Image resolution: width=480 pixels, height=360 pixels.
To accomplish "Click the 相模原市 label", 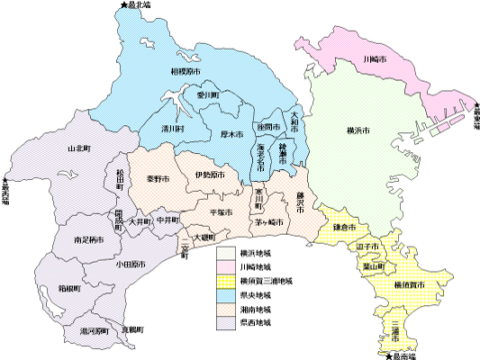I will (x=186, y=70).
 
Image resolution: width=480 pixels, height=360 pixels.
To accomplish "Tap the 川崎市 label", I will (x=374, y=58).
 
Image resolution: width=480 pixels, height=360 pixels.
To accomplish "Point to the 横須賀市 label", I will (x=410, y=284).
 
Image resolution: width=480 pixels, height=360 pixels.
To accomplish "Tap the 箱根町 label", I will (x=70, y=290).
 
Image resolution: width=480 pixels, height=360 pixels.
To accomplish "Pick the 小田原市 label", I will (x=131, y=265).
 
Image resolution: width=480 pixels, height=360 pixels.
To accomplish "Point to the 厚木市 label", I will (x=232, y=135).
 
